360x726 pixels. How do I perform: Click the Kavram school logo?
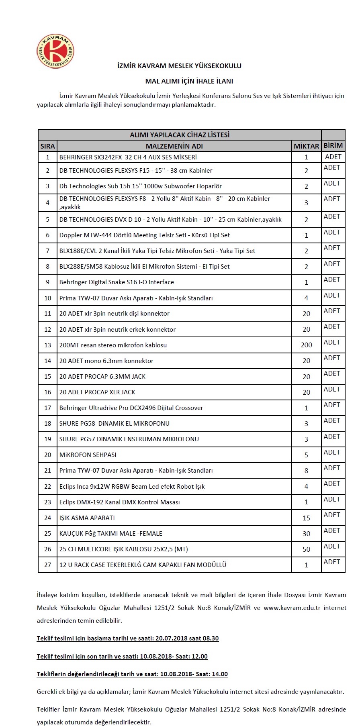point(55,51)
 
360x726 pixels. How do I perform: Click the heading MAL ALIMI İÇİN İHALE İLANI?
point(189,81)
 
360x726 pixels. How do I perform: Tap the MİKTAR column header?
point(306,146)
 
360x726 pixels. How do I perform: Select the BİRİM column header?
point(333,145)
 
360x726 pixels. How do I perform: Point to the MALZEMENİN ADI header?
point(174,146)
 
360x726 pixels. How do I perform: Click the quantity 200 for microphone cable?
point(306,345)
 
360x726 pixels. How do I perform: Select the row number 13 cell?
point(47,345)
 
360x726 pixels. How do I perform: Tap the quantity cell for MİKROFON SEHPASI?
point(306,455)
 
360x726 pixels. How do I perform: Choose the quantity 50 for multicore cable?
point(306,549)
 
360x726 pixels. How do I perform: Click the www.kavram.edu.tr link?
point(292,608)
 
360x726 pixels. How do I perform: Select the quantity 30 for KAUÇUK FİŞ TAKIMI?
point(306,533)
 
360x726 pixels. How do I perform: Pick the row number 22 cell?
point(47,486)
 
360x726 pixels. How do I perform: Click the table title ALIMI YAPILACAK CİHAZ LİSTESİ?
point(180,135)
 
